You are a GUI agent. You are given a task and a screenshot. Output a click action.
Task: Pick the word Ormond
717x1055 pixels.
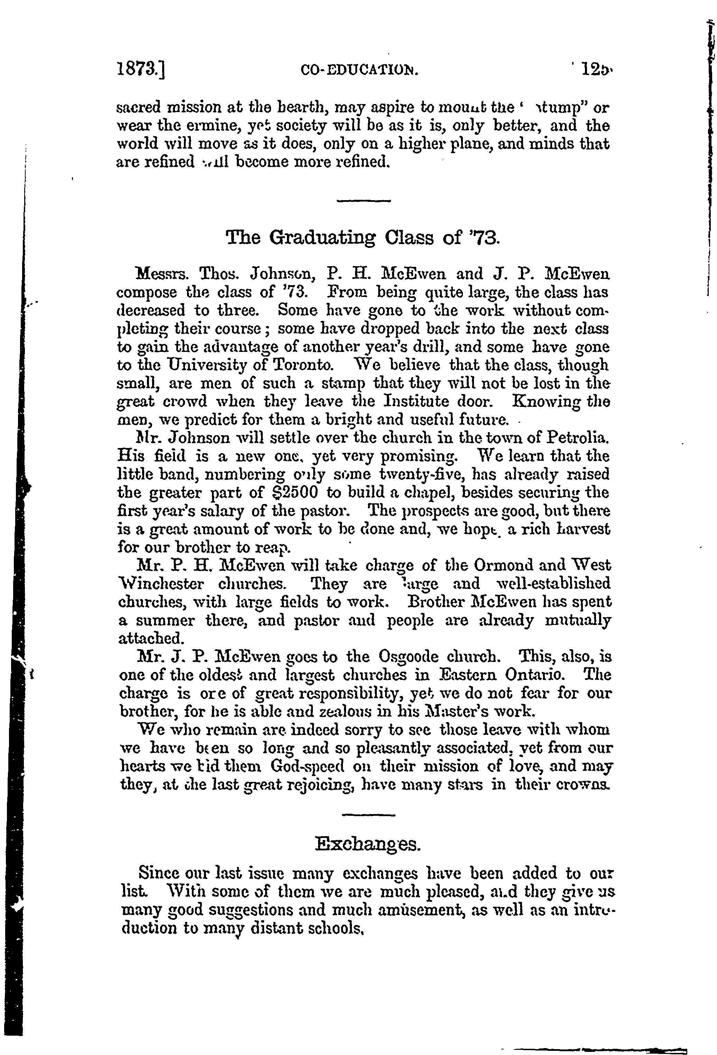[x=503, y=566]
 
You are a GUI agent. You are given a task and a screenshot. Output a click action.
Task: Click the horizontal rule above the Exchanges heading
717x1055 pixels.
[x=368, y=815]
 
